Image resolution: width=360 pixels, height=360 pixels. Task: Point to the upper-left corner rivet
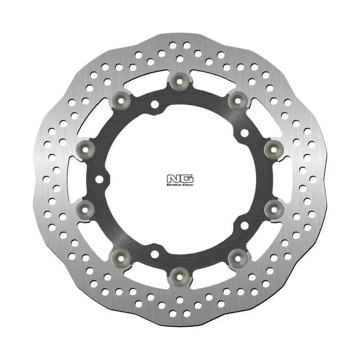122,99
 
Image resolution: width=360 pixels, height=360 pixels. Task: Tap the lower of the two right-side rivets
273,207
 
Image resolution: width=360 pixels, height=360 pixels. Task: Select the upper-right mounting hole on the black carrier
243,133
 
